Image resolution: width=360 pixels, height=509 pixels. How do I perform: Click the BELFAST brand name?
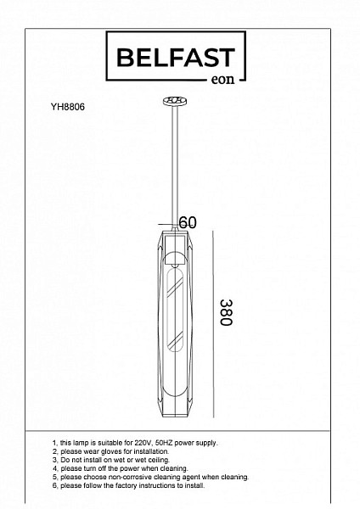pos(176,58)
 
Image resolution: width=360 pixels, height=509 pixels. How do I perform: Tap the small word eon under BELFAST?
pos(222,80)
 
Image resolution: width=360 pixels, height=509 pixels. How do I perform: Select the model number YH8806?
pos(68,107)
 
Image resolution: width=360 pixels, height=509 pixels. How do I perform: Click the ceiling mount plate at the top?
pos(175,101)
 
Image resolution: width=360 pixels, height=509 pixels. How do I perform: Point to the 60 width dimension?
pos(188,222)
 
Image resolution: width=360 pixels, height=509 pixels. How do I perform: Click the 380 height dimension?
pos(226,312)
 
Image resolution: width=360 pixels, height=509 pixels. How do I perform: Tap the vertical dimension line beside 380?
pos(213,324)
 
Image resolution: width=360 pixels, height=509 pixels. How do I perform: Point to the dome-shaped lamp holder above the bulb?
pos(175,259)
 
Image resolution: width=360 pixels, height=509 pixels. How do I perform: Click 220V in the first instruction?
pos(143,443)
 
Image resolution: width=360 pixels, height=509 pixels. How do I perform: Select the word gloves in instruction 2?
pos(113,451)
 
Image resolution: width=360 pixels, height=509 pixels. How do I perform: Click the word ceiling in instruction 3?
pos(159,460)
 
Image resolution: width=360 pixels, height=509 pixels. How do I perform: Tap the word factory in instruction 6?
pos(123,485)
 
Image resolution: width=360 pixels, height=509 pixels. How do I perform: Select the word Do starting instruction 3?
pos(65,460)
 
